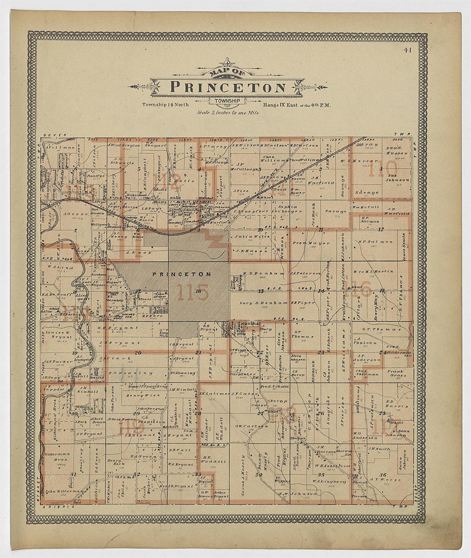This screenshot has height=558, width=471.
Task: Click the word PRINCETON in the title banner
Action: [228, 87]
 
